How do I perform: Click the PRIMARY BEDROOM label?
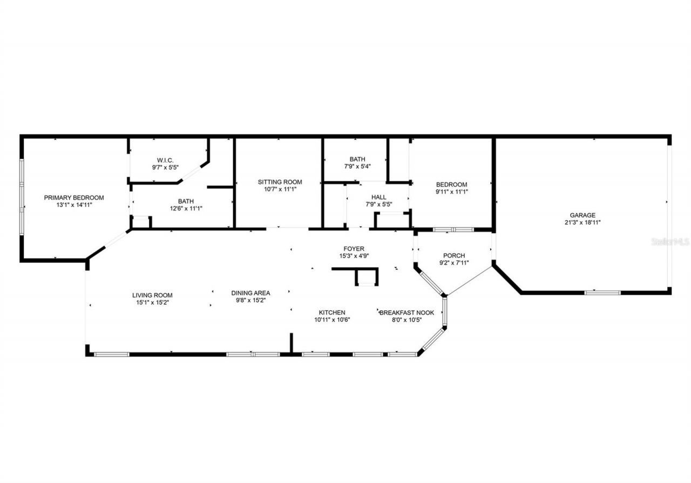click(x=74, y=198)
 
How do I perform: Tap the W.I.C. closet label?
click(x=165, y=160)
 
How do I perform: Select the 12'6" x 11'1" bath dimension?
click(x=186, y=208)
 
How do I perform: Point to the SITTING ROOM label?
click(x=280, y=182)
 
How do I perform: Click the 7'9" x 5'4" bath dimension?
click(x=357, y=166)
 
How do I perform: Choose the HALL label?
click(x=378, y=197)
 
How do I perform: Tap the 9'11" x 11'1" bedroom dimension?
click(x=451, y=192)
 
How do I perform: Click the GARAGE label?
click(x=582, y=215)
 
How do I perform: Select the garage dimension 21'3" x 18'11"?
click(x=582, y=222)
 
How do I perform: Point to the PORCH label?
click(x=453, y=256)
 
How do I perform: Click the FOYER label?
click(x=354, y=249)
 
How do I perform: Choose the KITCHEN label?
click(x=331, y=312)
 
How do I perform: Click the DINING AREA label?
click(x=250, y=293)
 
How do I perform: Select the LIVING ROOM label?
click(x=152, y=295)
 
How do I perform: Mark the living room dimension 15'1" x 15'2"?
click(x=152, y=302)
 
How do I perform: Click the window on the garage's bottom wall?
click(x=602, y=292)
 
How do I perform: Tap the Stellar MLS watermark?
click(x=670, y=242)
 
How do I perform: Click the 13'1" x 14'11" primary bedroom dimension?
click(x=74, y=205)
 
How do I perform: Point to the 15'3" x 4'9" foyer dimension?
click(x=354, y=256)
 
